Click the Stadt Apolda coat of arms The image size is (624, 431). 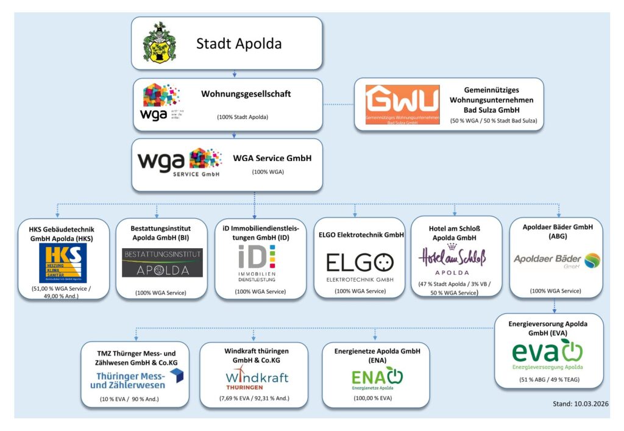160,43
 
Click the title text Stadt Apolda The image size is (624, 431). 239,44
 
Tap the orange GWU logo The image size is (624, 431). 402,104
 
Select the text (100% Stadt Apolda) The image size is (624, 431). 242,116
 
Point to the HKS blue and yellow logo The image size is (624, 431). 62,263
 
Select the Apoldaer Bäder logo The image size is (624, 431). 556,260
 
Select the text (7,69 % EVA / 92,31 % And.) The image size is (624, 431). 254,399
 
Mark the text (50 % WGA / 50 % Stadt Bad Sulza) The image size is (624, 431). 494,121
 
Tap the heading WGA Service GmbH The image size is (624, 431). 272,159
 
